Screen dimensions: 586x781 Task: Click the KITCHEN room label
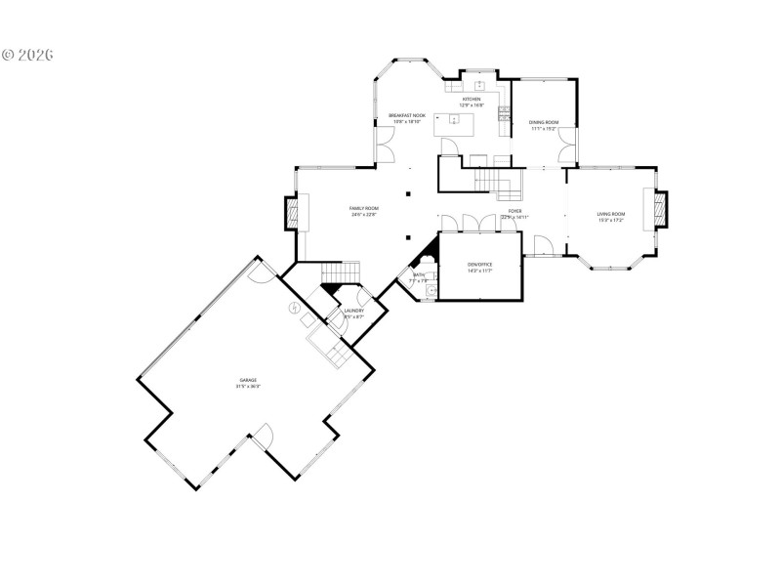[x=471, y=100]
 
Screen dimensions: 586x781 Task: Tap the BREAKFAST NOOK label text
[x=406, y=115]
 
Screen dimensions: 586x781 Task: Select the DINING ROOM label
[x=543, y=122]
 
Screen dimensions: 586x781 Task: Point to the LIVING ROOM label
[x=611, y=213]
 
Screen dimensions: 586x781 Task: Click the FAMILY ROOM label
[x=364, y=208]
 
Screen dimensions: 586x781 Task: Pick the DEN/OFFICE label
[x=478, y=264]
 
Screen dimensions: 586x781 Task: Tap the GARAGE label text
[x=247, y=380]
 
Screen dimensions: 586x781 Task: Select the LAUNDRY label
[x=353, y=311]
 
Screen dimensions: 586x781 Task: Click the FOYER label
[x=514, y=210]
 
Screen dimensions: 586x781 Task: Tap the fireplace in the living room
[x=659, y=209]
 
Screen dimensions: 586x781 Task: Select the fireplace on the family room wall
[x=292, y=213]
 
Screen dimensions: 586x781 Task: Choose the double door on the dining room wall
[x=567, y=149]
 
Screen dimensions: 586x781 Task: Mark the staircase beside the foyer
[x=493, y=182]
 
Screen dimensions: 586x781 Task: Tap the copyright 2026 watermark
[x=27, y=54]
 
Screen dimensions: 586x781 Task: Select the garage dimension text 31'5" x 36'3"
[x=247, y=387]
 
